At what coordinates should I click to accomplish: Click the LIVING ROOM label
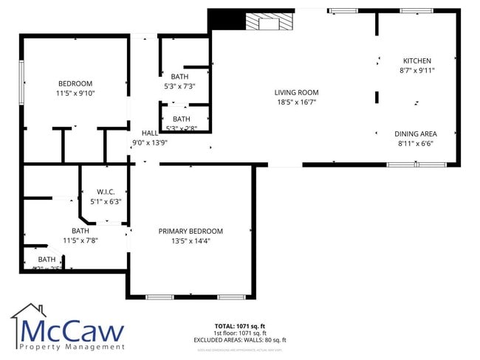pyautogui.click(x=296, y=92)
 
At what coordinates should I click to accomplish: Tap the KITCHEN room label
pyautogui.click(x=416, y=60)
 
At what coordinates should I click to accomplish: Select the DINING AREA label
pyautogui.click(x=415, y=134)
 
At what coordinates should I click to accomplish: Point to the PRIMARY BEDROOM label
pyautogui.click(x=191, y=231)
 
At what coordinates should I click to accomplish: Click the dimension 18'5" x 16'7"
pyautogui.click(x=296, y=103)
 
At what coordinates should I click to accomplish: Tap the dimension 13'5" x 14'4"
pyautogui.click(x=191, y=241)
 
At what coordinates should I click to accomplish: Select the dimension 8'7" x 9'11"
pyautogui.click(x=416, y=71)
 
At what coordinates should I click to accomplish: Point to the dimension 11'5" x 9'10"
pyautogui.click(x=75, y=94)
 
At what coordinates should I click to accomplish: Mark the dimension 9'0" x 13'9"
pyautogui.click(x=150, y=142)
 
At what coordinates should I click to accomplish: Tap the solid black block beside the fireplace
pyautogui.click(x=226, y=19)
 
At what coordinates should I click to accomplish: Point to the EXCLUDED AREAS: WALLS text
pyautogui.click(x=239, y=340)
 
